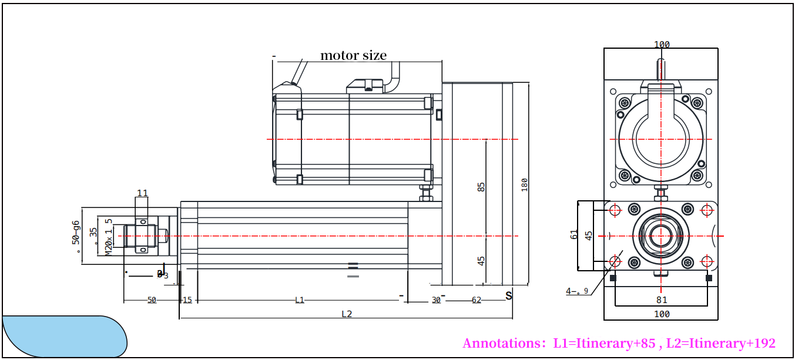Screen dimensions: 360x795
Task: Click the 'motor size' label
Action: tap(353, 55)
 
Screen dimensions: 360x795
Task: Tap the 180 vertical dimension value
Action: tap(525, 184)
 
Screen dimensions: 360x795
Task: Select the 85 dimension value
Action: tap(481, 187)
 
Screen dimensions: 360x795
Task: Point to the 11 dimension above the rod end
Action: tap(142, 193)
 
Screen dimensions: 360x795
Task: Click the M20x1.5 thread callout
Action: tap(108, 237)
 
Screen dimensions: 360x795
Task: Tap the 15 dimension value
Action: tap(187, 300)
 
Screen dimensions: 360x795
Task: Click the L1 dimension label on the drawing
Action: tap(300, 300)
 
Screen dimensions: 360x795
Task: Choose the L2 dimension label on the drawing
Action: tap(347, 314)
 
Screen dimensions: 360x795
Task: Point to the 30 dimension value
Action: tap(436, 300)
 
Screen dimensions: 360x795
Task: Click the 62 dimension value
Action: tap(477, 300)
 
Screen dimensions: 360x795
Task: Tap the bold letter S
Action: tap(509, 295)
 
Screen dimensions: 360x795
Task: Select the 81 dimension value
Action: tap(662, 300)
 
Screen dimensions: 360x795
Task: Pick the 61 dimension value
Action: tap(574, 234)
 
